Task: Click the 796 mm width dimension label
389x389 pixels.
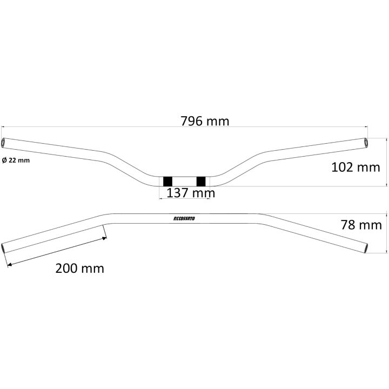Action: click(x=205, y=122)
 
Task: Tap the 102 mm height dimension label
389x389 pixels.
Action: click(x=356, y=167)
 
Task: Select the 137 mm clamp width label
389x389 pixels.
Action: click(x=191, y=193)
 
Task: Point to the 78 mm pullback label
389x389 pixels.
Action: click(x=361, y=225)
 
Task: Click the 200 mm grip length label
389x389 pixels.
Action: click(x=79, y=269)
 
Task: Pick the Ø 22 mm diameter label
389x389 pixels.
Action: click(x=16, y=160)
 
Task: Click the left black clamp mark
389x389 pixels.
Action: click(x=167, y=182)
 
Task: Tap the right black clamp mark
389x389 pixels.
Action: click(x=201, y=182)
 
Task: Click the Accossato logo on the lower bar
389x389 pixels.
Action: click(x=184, y=219)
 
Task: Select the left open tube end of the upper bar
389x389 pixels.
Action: click(x=3, y=143)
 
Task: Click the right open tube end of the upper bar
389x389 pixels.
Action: click(x=366, y=143)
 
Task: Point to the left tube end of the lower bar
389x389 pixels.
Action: click(x=3, y=249)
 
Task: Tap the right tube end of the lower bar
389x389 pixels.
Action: click(x=366, y=249)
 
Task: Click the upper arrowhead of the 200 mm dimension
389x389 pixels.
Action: click(x=105, y=238)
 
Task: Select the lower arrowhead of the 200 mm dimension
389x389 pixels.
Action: click(x=9, y=265)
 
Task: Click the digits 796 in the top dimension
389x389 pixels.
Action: click(x=191, y=122)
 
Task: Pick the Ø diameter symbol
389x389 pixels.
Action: click(x=4, y=160)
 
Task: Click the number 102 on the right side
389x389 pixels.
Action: click(x=342, y=167)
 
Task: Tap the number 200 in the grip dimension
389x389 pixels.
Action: click(x=66, y=269)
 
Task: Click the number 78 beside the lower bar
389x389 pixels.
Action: click(x=348, y=225)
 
